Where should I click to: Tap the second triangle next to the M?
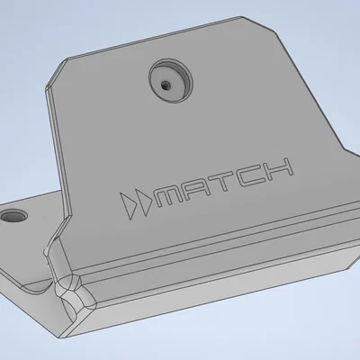[x=143, y=201]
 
